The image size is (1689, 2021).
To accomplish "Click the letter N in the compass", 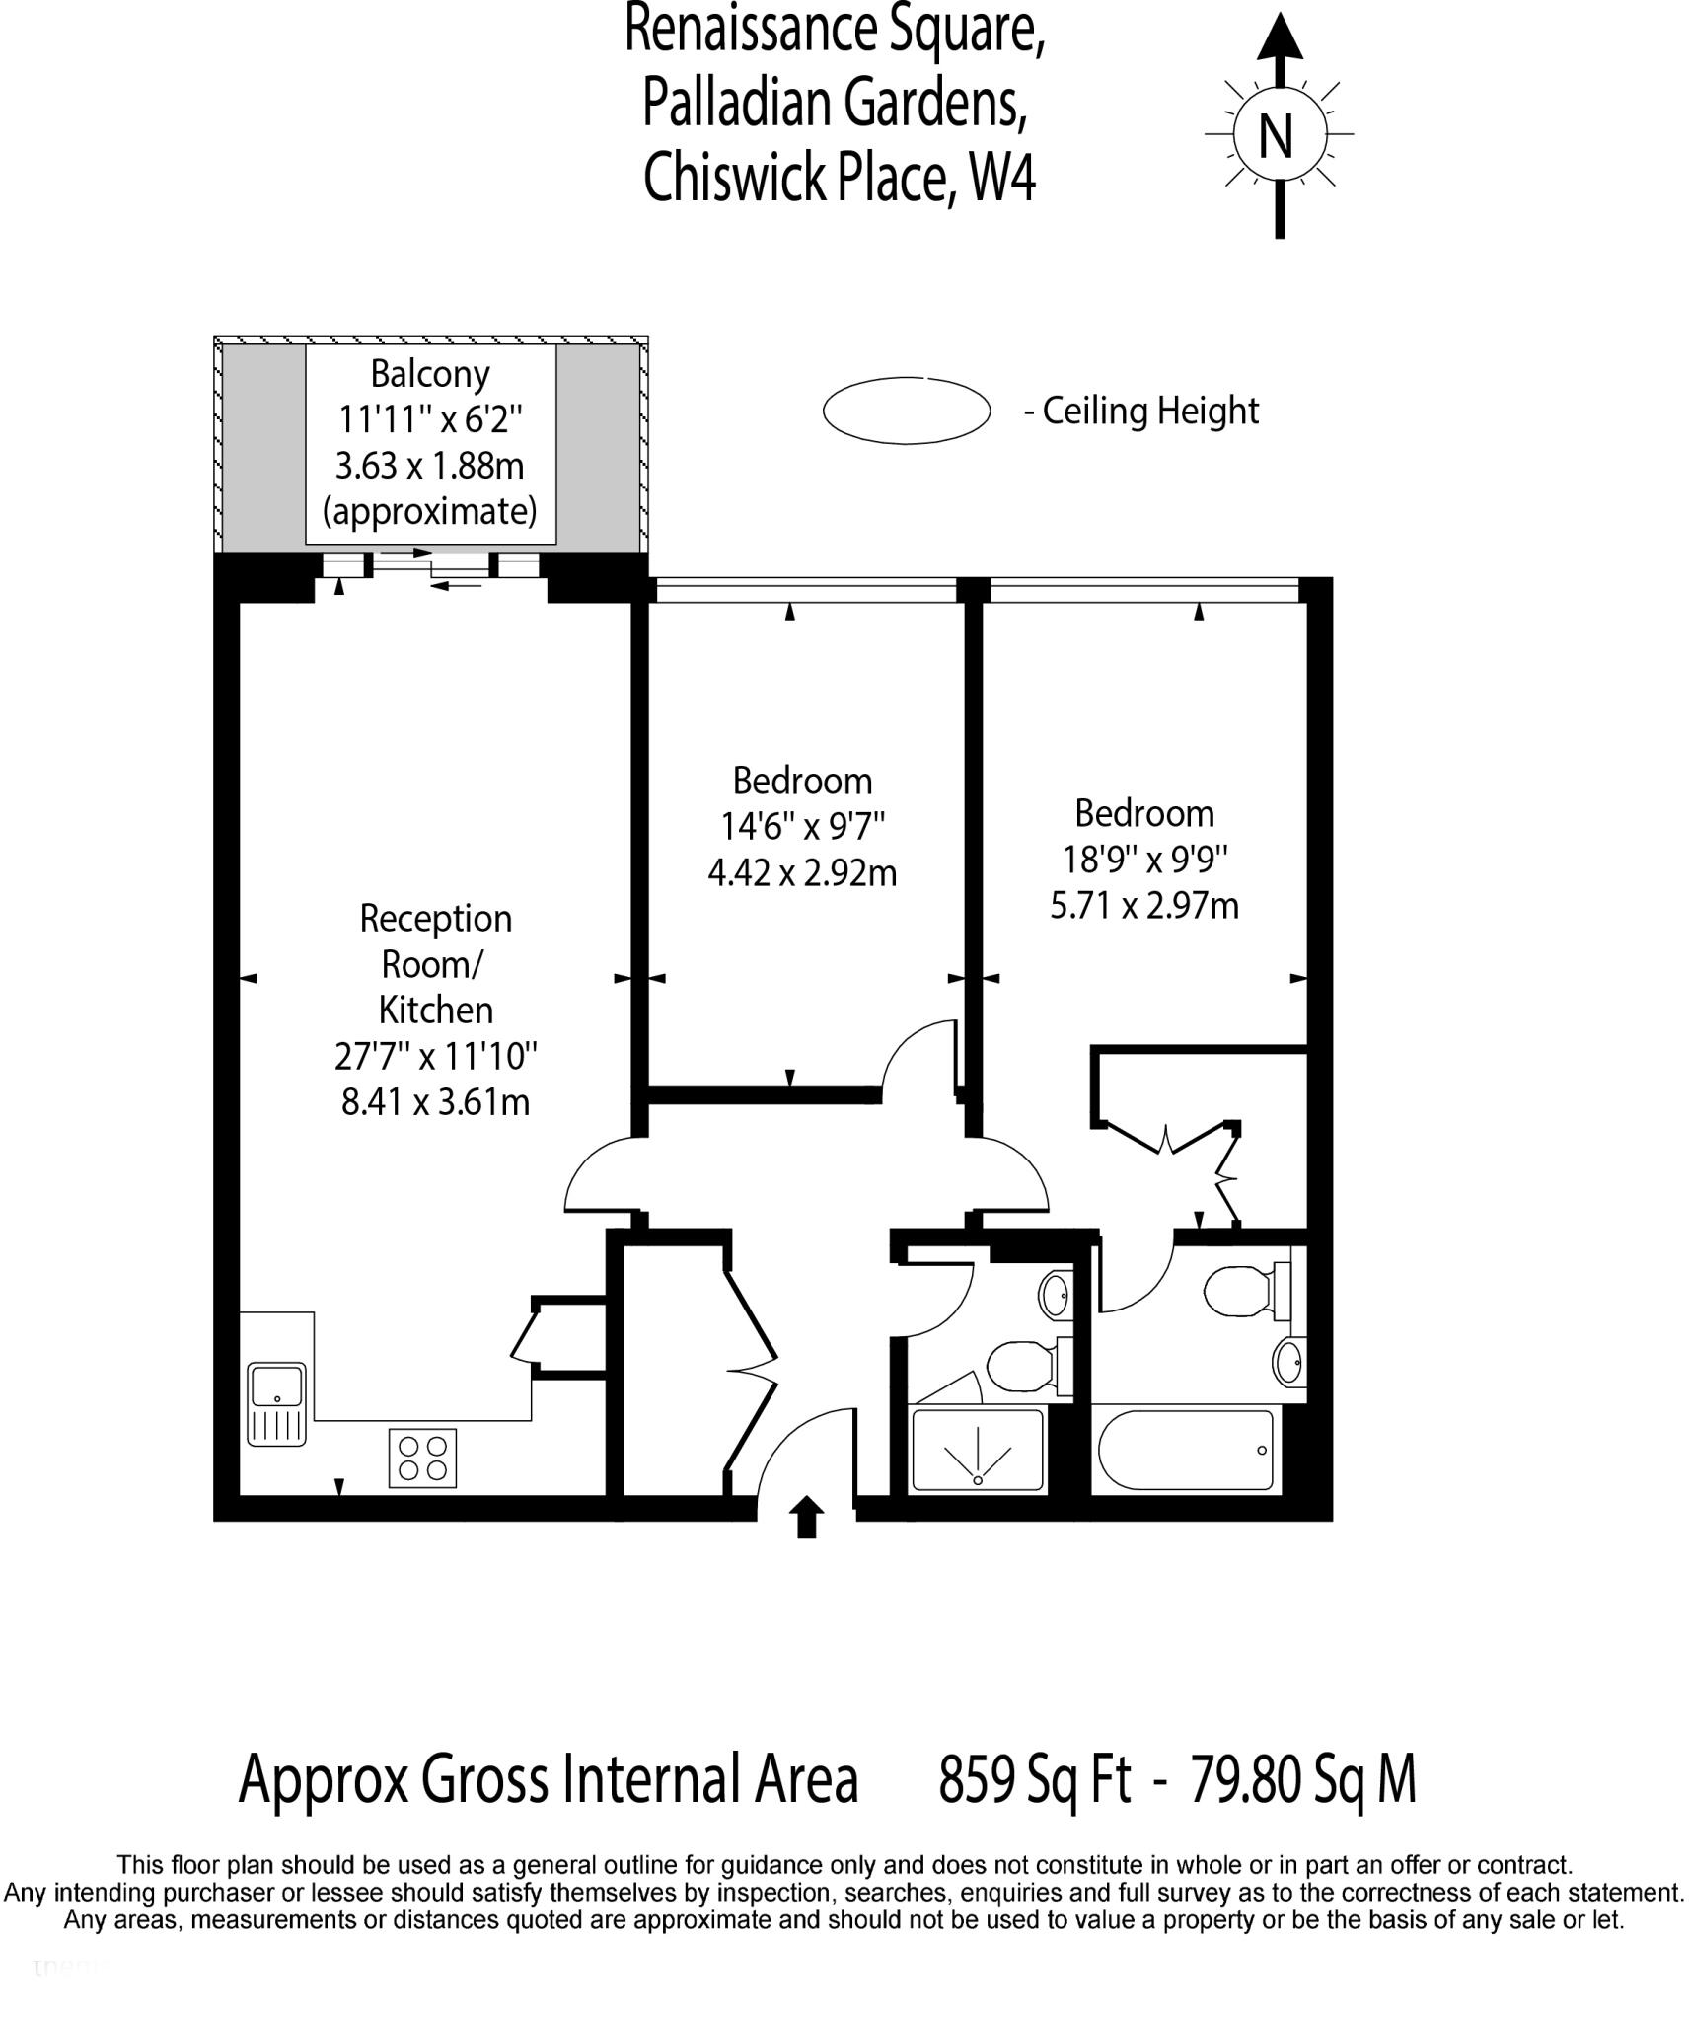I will [1276, 135].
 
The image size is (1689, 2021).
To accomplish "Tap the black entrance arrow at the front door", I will [807, 1517].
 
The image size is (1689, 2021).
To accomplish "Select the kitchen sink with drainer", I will [276, 1403].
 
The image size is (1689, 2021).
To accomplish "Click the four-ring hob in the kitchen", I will [423, 1459].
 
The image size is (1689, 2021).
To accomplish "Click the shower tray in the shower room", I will [977, 1450].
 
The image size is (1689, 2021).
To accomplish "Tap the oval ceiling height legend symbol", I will [906, 410].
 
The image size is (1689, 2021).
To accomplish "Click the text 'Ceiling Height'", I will [1150, 412].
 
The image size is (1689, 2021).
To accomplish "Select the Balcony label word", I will [430, 374].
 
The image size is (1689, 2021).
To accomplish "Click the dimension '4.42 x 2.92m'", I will [802, 872].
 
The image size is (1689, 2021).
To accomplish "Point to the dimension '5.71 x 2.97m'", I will [1144, 905].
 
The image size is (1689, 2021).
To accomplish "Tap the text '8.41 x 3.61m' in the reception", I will [435, 1101].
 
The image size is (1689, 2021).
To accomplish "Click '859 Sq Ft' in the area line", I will [1034, 1779].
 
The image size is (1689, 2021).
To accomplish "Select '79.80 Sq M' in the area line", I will [1303, 1779].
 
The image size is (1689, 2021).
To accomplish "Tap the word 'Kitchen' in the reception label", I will [435, 1010].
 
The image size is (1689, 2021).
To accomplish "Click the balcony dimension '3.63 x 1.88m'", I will [430, 466].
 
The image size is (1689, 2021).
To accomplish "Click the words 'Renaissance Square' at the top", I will [835, 30].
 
